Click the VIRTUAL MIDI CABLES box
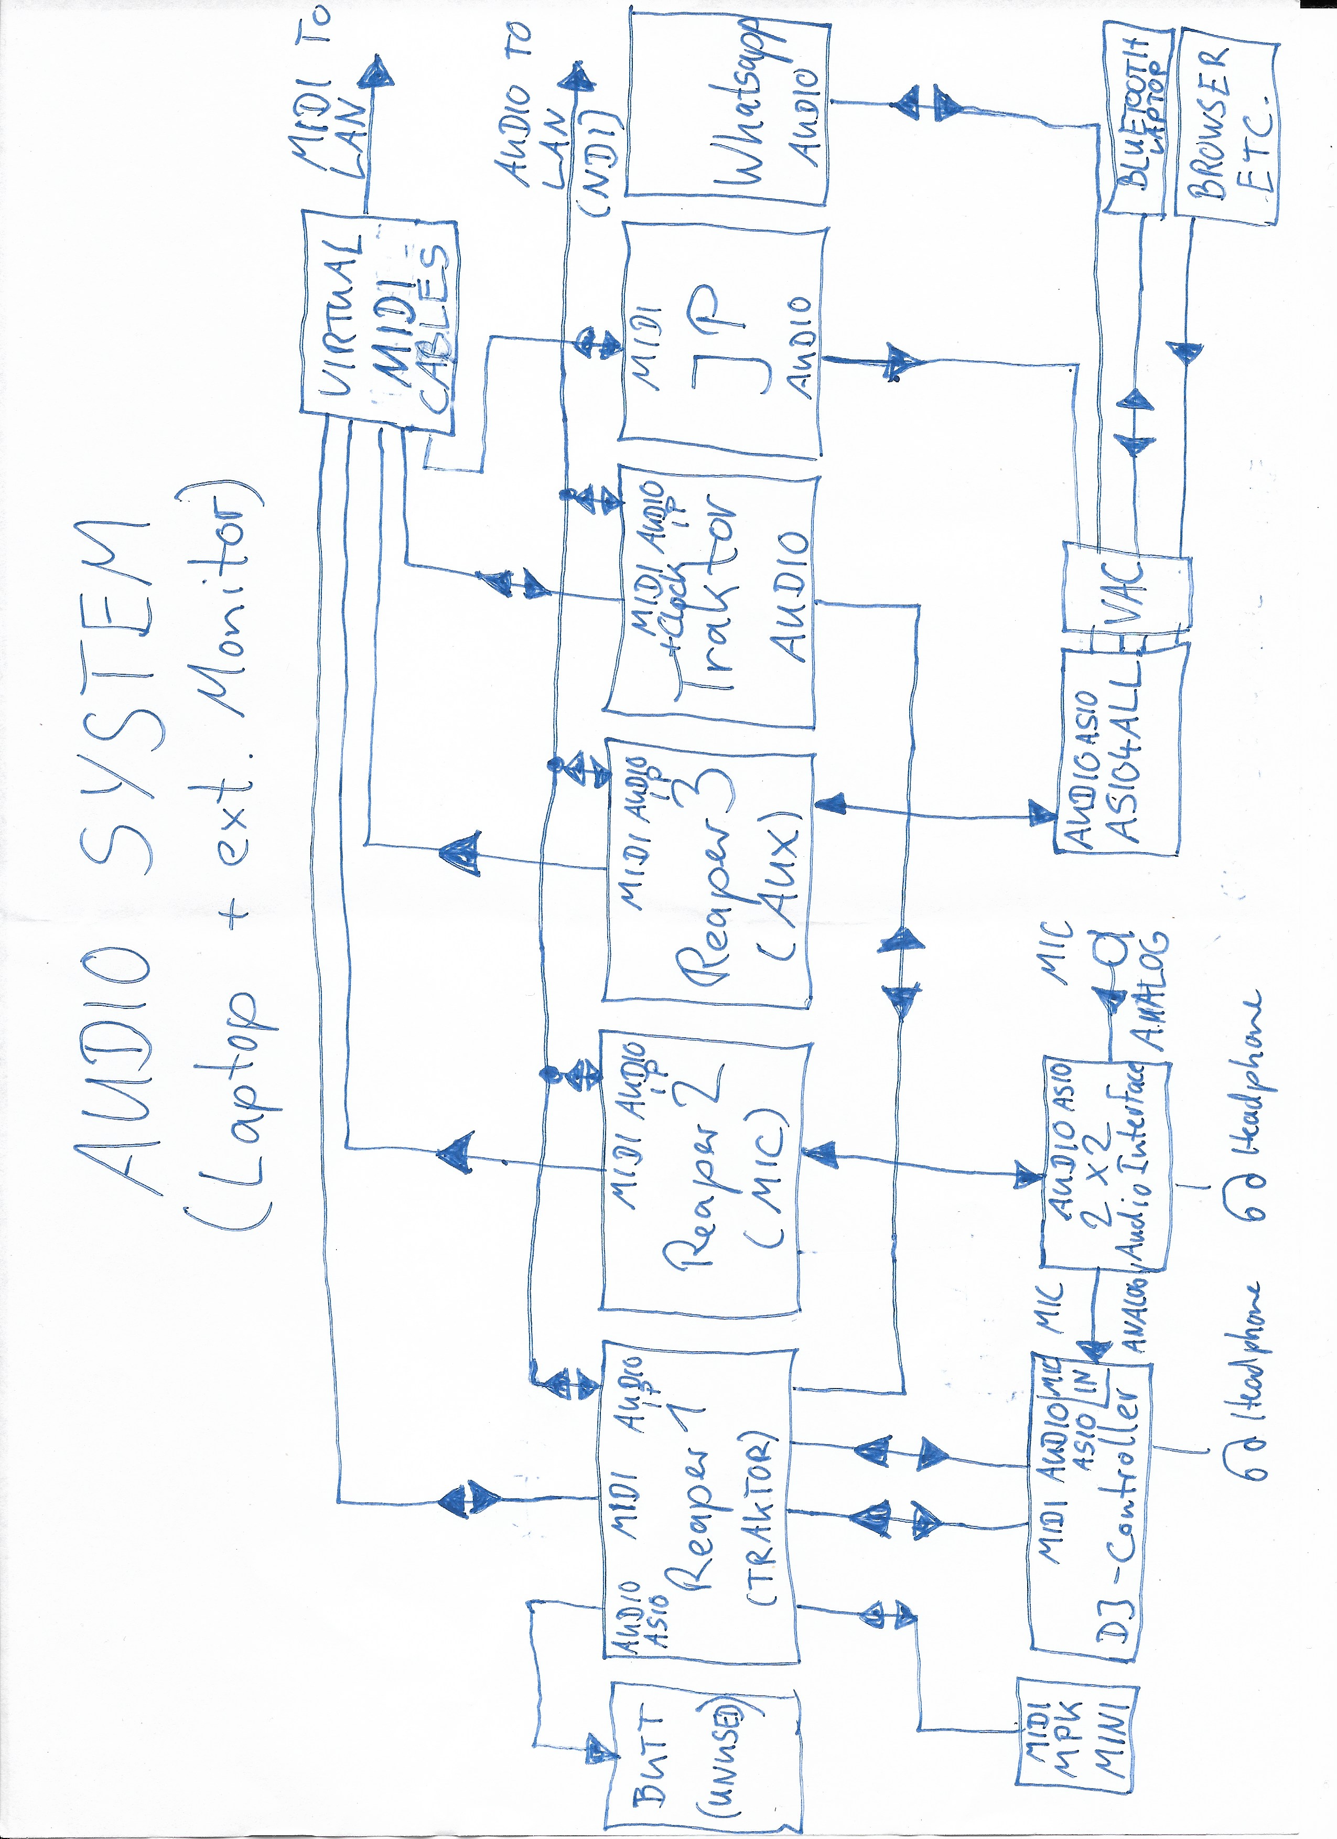[x=379, y=316]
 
